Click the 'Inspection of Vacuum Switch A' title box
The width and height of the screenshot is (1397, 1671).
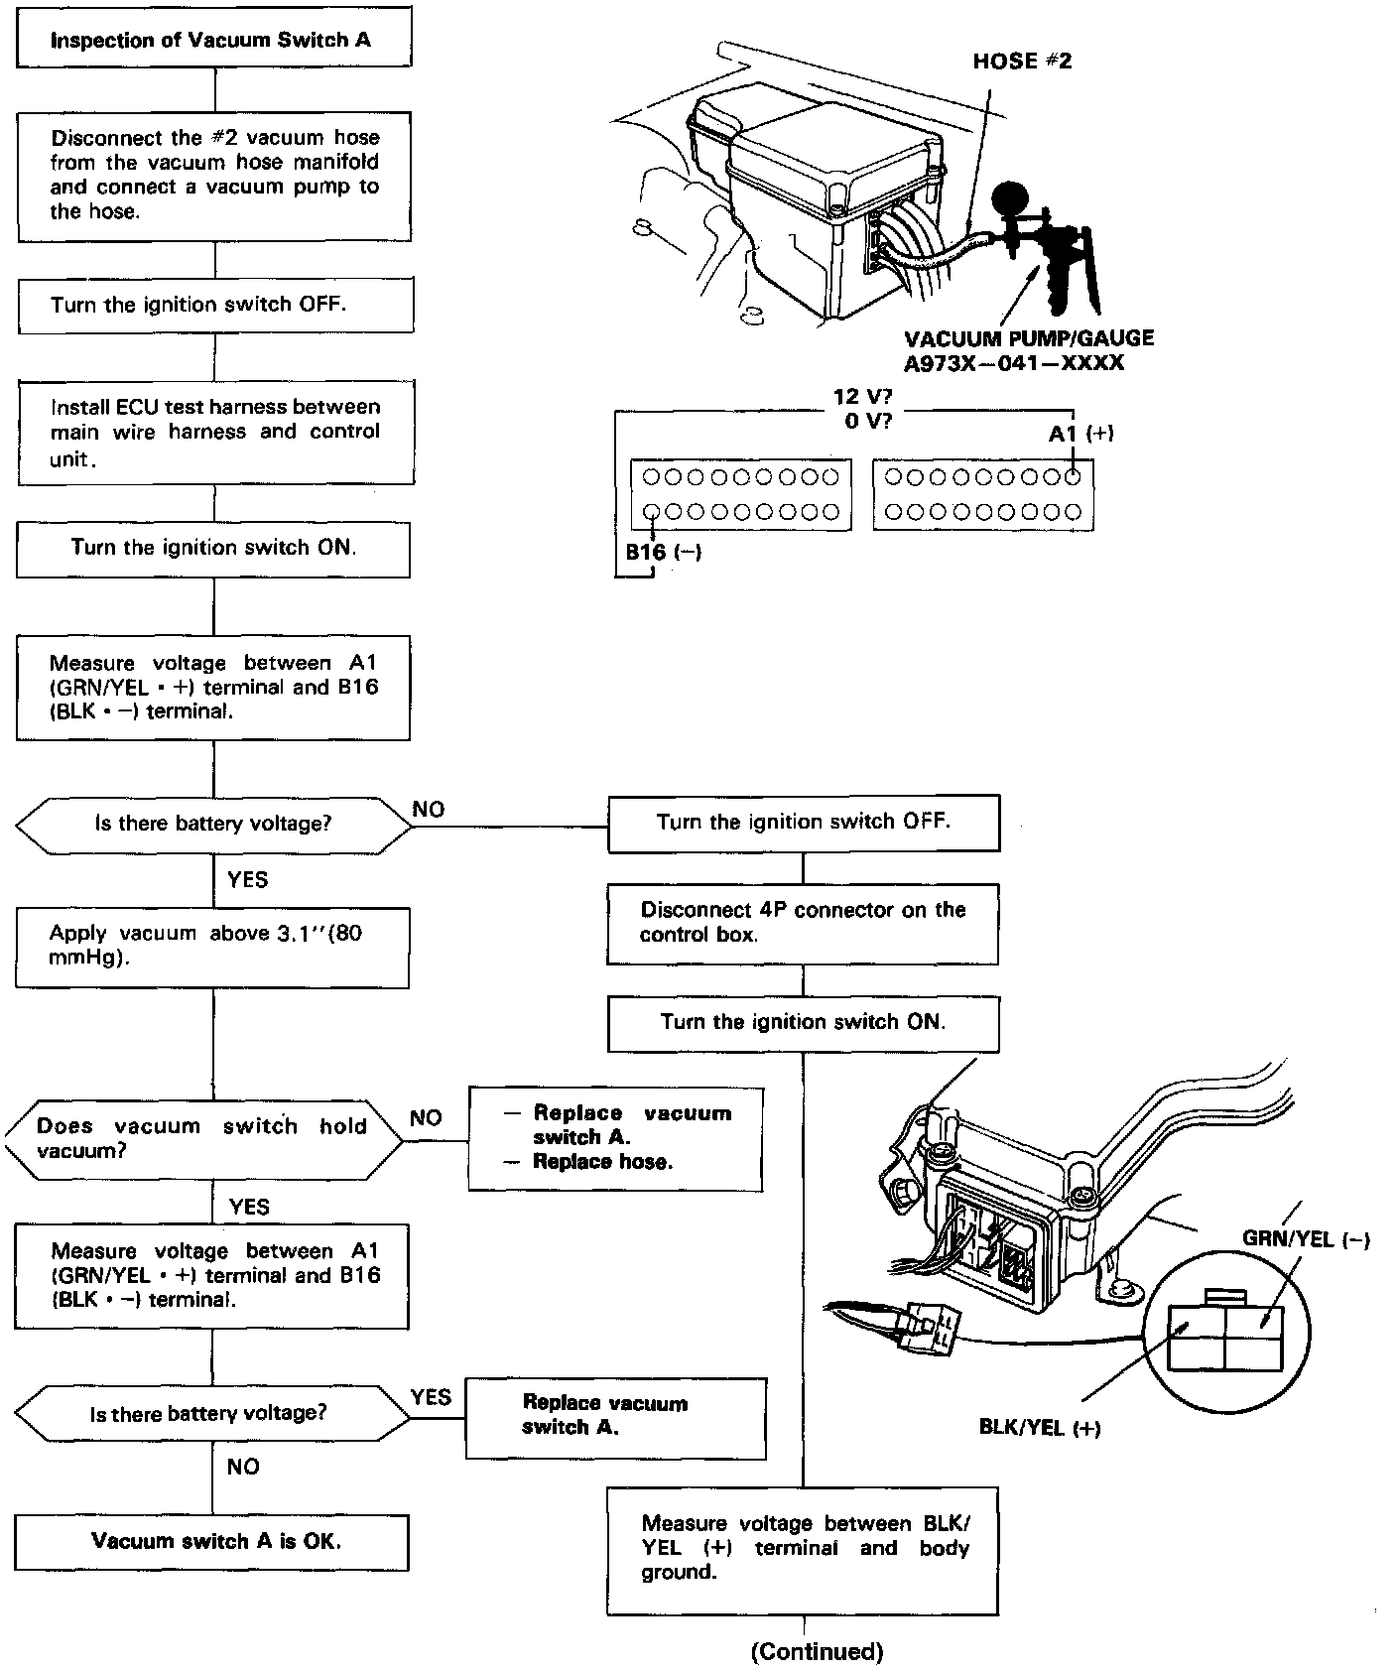[x=214, y=40]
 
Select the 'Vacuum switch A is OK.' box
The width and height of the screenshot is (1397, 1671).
[x=211, y=1541]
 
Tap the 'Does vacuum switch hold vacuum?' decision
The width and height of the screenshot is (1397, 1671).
[x=203, y=1138]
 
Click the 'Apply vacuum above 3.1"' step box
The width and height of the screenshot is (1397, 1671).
[x=211, y=947]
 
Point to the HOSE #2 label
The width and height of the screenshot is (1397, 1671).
[x=1021, y=61]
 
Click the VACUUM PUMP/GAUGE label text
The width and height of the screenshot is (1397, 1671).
[x=1029, y=338]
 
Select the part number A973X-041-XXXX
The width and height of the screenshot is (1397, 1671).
[x=1013, y=363]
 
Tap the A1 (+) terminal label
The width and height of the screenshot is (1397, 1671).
[x=1080, y=434]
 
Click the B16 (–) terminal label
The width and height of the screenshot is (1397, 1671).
[x=663, y=553]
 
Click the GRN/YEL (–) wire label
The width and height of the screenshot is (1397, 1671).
[x=1306, y=1239]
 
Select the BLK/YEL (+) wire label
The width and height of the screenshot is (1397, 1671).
[x=1039, y=1428]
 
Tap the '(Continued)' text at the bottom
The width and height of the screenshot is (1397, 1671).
[x=817, y=1651]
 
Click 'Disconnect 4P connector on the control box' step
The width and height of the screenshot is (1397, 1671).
[x=803, y=922]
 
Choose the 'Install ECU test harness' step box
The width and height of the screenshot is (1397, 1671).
[x=215, y=433]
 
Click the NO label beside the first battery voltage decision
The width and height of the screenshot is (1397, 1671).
[x=429, y=810]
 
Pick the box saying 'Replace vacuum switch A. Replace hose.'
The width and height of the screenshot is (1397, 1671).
[x=615, y=1138]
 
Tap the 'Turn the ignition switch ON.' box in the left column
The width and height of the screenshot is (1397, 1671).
[x=212, y=548]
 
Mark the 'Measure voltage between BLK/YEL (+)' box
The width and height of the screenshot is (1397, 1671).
[x=803, y=1548]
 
